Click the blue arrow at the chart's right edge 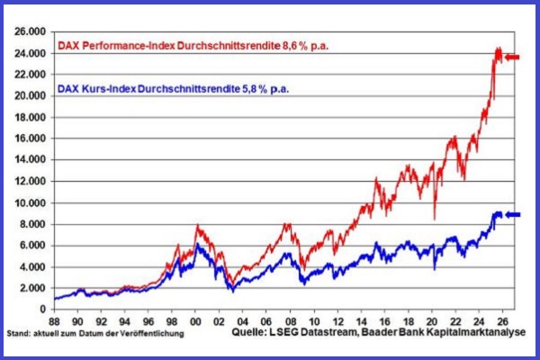(x=512, y=214)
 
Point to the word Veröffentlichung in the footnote (x=153, y=334)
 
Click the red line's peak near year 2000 (x=197, y=225)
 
